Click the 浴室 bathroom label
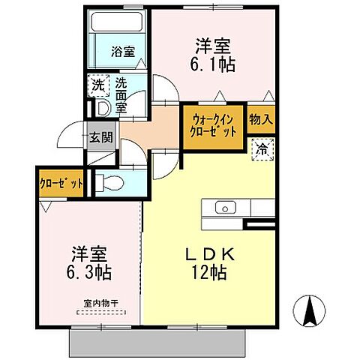(123, 52)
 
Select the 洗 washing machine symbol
(98, 85)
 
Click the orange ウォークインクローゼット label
(213, 123)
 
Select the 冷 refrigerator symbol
(261, 148)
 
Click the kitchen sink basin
(226, 208)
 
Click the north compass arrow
(309, 309)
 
